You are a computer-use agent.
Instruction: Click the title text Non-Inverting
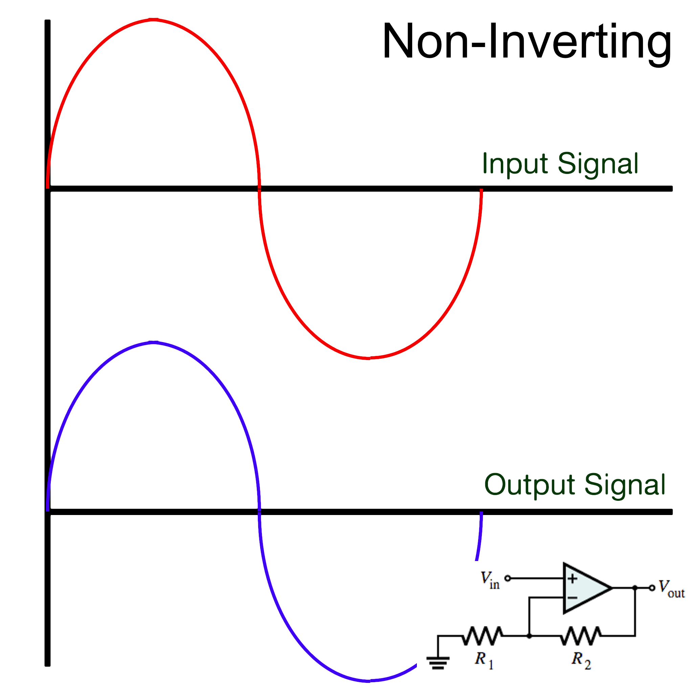click(527, 41)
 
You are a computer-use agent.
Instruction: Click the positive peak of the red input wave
click(154, 20)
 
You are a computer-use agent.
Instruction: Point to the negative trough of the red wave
click(369, 358)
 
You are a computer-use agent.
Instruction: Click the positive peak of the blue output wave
click(154, 342)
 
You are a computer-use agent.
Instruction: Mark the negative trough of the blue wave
click(369, 680)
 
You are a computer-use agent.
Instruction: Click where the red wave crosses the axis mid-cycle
click(259, 188)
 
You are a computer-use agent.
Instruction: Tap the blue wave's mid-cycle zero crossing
click(259, 512)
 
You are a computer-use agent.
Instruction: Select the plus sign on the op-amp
click(573, 578)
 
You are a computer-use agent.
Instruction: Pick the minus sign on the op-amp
click(573, 598)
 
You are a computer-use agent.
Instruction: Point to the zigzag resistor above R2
click(580, 636)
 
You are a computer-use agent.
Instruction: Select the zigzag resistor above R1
click(483, 636)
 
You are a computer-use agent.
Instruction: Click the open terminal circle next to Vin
click(508, 578)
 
